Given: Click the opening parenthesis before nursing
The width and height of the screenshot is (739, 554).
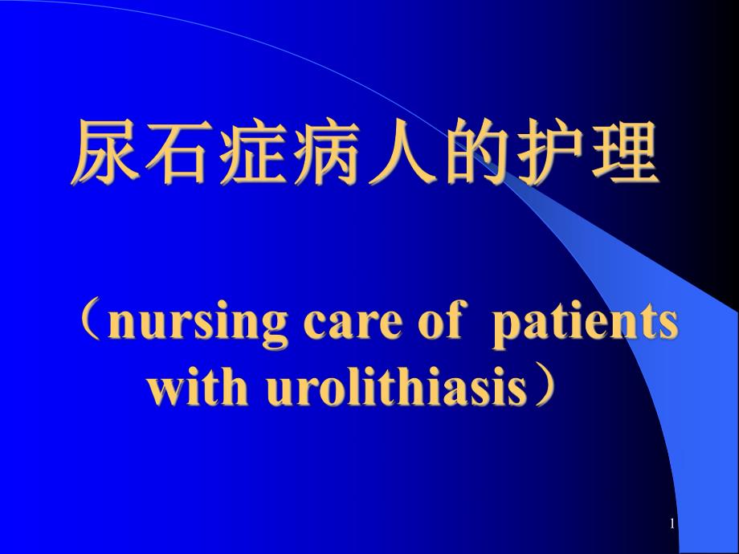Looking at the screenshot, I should [90, 323].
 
